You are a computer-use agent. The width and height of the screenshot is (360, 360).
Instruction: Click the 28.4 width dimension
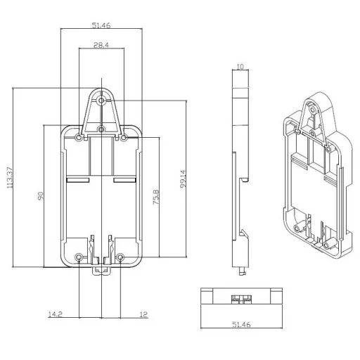point(101,46)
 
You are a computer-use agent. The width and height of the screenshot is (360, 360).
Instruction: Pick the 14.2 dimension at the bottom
point(53,316)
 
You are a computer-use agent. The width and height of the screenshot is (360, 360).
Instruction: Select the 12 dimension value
point(143,316)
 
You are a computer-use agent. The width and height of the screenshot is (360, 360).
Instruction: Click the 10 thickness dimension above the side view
point(240,67)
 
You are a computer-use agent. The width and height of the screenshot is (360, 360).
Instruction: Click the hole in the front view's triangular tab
point(102,101)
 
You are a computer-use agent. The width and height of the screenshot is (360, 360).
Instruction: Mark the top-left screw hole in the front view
point(79,139)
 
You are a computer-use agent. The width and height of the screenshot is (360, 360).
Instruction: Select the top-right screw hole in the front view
point(124,139)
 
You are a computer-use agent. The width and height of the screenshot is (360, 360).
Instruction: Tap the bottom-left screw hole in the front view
point(79,257)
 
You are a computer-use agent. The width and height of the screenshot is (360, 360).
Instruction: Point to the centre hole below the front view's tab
point(102,129)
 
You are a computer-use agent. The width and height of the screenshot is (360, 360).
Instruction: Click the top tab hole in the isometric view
point(310,110)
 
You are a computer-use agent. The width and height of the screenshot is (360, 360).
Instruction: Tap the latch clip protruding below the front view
point(100,270)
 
